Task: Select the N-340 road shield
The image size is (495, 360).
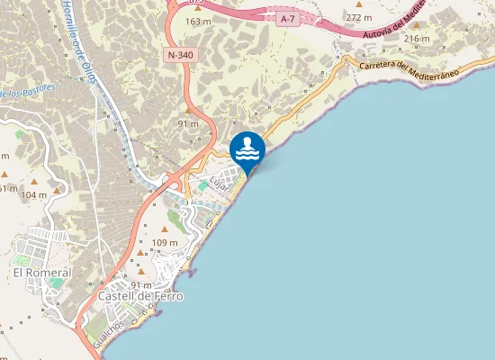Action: point(178,55)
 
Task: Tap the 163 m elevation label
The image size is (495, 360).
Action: point(198,22)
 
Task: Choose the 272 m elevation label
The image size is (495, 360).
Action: point(359,17)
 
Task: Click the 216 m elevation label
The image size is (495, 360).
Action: point(417,39)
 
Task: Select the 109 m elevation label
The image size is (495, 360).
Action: point(166,243)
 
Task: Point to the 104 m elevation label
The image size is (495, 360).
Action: point(33,195)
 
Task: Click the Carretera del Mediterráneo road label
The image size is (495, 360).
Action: point(409,69)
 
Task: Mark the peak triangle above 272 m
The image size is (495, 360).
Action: point(359,4)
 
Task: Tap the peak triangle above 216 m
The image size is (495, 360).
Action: point(417,27)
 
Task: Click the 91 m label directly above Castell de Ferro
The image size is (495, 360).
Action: point(141,284)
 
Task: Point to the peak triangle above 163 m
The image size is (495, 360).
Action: point(198,9)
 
